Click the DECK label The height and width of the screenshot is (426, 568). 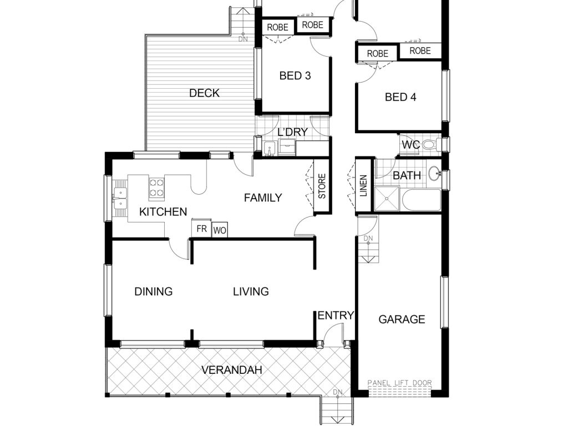tap(204, 93)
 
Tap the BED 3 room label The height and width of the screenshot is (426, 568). tap(295, 75)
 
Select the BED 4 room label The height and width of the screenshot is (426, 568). tap(400, 97)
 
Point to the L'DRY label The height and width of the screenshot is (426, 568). tap(292, 132)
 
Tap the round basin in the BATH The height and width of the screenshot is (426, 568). tap(434, 174)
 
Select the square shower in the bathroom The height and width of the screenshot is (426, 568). tap(387, 199)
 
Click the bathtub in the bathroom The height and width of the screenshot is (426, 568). tap(421, 200)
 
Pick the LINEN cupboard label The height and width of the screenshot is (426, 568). tap(363, 185)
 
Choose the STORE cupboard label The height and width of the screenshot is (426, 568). tap(322, 186)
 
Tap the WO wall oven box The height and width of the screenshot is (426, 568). tap(220, 230)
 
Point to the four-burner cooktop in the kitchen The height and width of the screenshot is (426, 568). tap(157, 187)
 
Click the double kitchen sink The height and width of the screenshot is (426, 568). tap(120, 199)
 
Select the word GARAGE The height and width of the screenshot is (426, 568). tap(402, 319)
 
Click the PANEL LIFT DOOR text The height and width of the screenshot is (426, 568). tap(399, 383)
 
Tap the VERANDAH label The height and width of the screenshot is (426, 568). tap(231, 370)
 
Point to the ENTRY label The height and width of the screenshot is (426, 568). tap(336, 316)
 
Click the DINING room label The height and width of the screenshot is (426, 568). tap(153, 291)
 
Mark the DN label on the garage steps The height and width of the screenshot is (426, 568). tap(368, 239)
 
